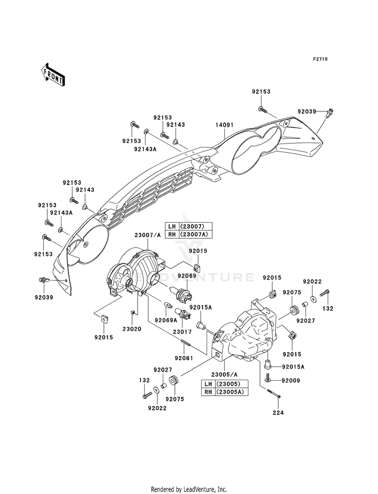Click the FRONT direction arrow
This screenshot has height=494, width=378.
click(53, 75)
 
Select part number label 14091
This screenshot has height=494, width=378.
click(224, 125)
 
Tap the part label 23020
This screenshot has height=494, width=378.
click(132, 329)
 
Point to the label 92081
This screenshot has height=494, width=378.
click(184, 358)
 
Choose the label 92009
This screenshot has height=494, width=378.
click(291, 381)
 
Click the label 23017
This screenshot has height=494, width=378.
click(182, 331)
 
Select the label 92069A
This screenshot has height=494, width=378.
click(166, 320)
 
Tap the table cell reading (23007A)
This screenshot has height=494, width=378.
click(196, 234)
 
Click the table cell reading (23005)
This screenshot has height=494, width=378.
click(232, 384)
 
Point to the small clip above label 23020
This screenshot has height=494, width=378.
click(133, 313)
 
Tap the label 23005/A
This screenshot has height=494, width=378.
click(224, 375)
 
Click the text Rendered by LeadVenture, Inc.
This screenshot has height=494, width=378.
click(189, 489)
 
